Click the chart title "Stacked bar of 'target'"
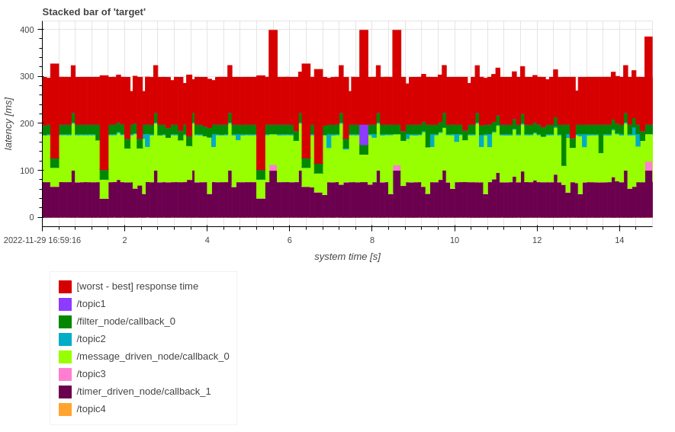(x=94, y=11)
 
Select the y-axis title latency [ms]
(x=8, y=123)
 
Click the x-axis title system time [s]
(x=347, y=257)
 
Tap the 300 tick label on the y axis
(x=27, y=76)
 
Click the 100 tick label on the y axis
(x=27, y=171)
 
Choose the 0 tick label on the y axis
(x=31, y=217)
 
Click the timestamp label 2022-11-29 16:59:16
(x=42, y=240)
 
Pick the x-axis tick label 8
(x=372, y=240)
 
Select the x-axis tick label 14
(x=619, y=240)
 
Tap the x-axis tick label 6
(x=290, y=240)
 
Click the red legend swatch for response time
(x=66, y=286)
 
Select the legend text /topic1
(x=91, y=304)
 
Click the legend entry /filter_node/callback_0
(x=126, y=322)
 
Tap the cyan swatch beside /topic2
(x=66, y=339)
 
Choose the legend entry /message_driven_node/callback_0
(x=153, y=357)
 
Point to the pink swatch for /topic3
(x=66, y=374)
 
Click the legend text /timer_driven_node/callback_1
(x=143, y=392)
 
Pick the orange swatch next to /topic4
(x=66, y=409)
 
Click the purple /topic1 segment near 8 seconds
(x=364, y=134)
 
